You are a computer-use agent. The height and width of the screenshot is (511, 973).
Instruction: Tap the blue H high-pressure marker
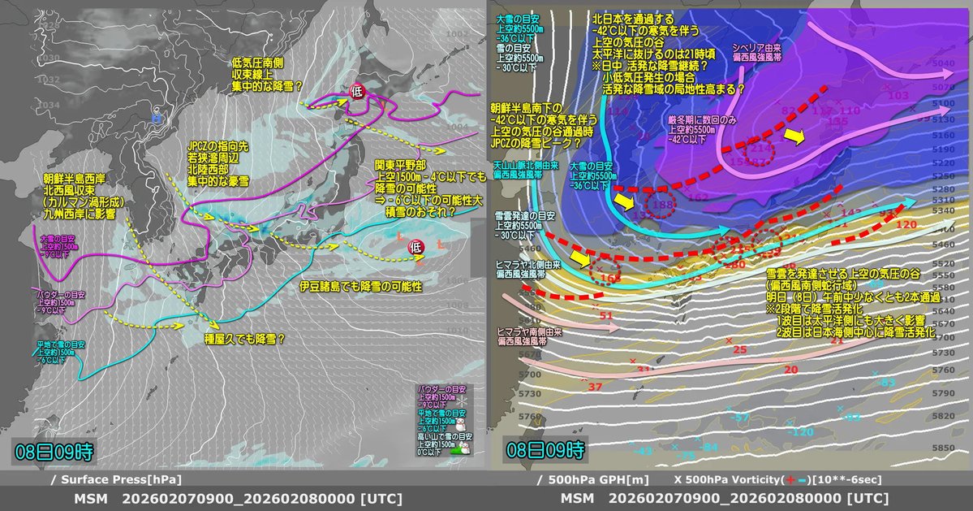coord(156,119)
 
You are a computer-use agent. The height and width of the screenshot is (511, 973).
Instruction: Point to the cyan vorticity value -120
coord(799,431)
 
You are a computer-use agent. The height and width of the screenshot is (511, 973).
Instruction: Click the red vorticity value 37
coord(595,386)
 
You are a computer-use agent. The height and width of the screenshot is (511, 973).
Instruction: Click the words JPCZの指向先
coord(212,145)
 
